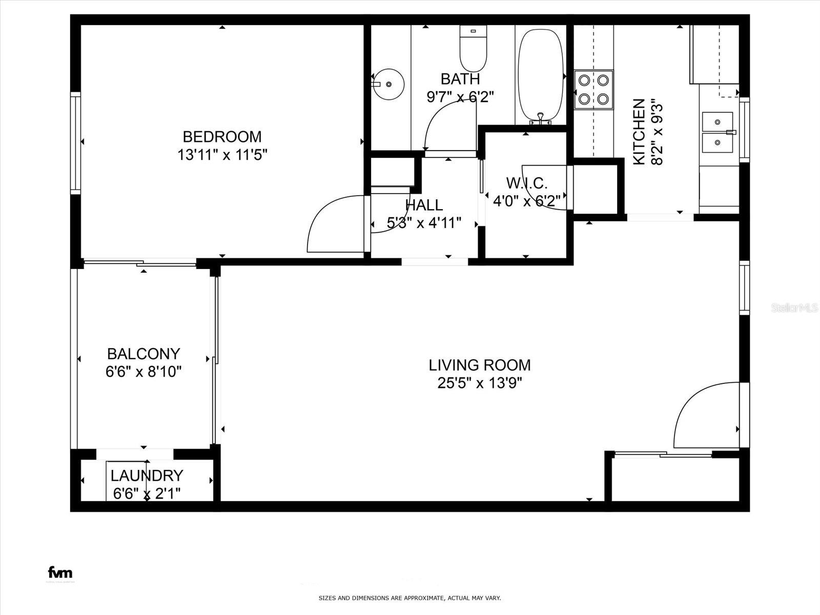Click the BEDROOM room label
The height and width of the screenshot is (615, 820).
point(222,137)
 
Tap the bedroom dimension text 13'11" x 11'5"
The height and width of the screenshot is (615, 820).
point(222,155)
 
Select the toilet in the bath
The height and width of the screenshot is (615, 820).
point(473,49)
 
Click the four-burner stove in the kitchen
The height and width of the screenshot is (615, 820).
point(593,90)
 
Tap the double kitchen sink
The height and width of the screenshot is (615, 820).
point(717,133)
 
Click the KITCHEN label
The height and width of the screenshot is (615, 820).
point(639,132)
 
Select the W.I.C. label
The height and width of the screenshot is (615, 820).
point(527,183)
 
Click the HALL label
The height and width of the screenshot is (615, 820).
point(424,205)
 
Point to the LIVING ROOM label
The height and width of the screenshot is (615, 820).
point(480,365)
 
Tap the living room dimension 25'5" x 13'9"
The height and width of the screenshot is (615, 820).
point(480,383)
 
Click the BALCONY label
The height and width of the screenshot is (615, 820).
point(143,354)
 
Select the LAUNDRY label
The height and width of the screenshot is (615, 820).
point(147,476)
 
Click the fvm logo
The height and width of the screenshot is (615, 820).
point(60,572)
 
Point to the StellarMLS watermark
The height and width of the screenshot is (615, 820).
point(794,308)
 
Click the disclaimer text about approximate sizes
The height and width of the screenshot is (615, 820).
point(409,598)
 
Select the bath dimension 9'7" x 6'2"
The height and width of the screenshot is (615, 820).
point(460,97)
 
